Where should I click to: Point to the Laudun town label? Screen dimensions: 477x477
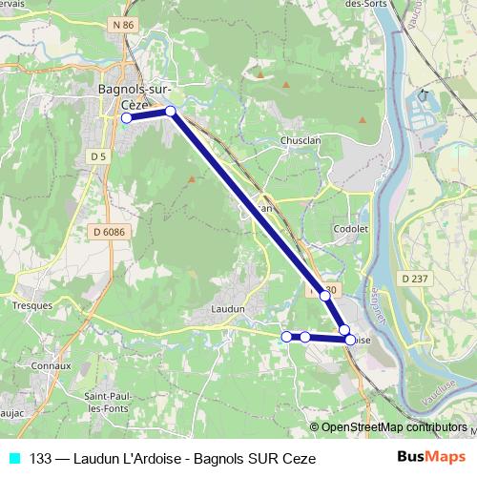click(x=229, y=309)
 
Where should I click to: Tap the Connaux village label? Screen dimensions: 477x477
click(x=51, y=365)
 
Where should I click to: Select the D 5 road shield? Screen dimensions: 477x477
click(x=97, y=156)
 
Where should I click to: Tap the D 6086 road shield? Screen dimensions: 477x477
click(x=111, y=232)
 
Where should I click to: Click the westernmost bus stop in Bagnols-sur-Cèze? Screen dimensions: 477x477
click(x=126, y=118)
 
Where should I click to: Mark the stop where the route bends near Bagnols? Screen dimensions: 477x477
click(x=171, y=112)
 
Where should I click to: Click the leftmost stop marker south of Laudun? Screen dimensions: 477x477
click(x=286, y=336)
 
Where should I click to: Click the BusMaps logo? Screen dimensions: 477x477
click(x=431, y=457)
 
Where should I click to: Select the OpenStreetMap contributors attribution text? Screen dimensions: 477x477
click(x=394, y=427)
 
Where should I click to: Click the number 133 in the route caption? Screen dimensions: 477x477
click(x=41, y=458)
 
